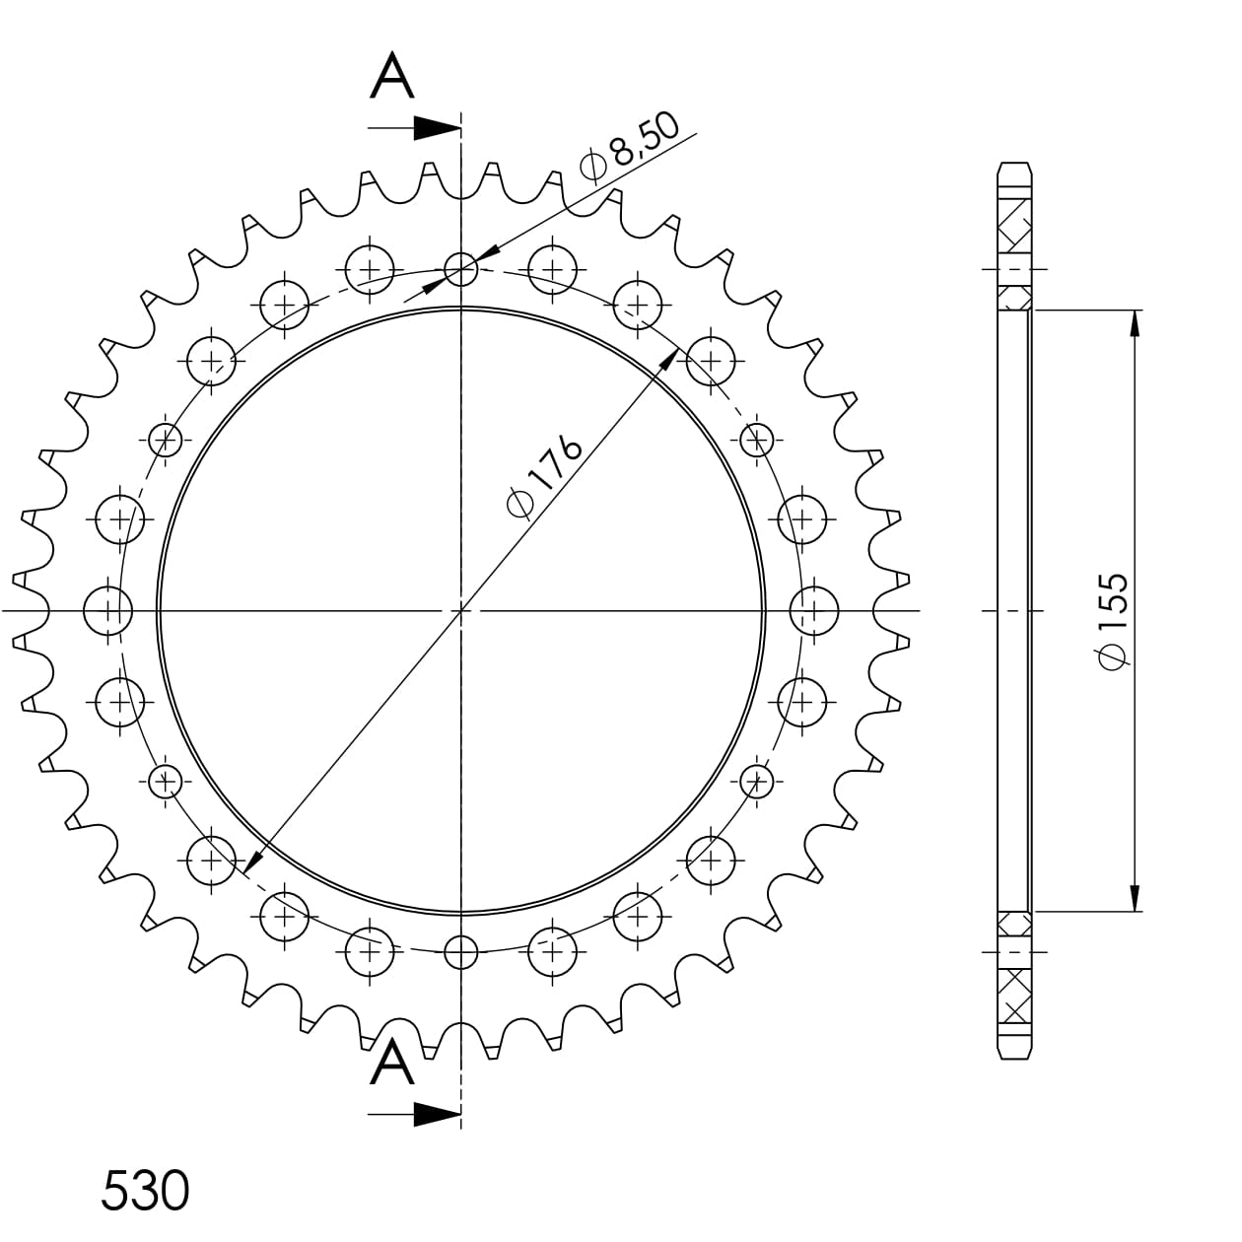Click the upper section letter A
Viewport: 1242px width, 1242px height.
pos(392,76)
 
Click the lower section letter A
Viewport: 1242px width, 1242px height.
pos(392,1064)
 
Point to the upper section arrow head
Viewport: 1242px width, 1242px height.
pos(437,128)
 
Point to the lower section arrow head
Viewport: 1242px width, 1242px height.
pos(437,1114)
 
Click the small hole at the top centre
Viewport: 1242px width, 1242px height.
pos(461,269)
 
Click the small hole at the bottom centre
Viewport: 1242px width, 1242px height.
pos(461,951)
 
